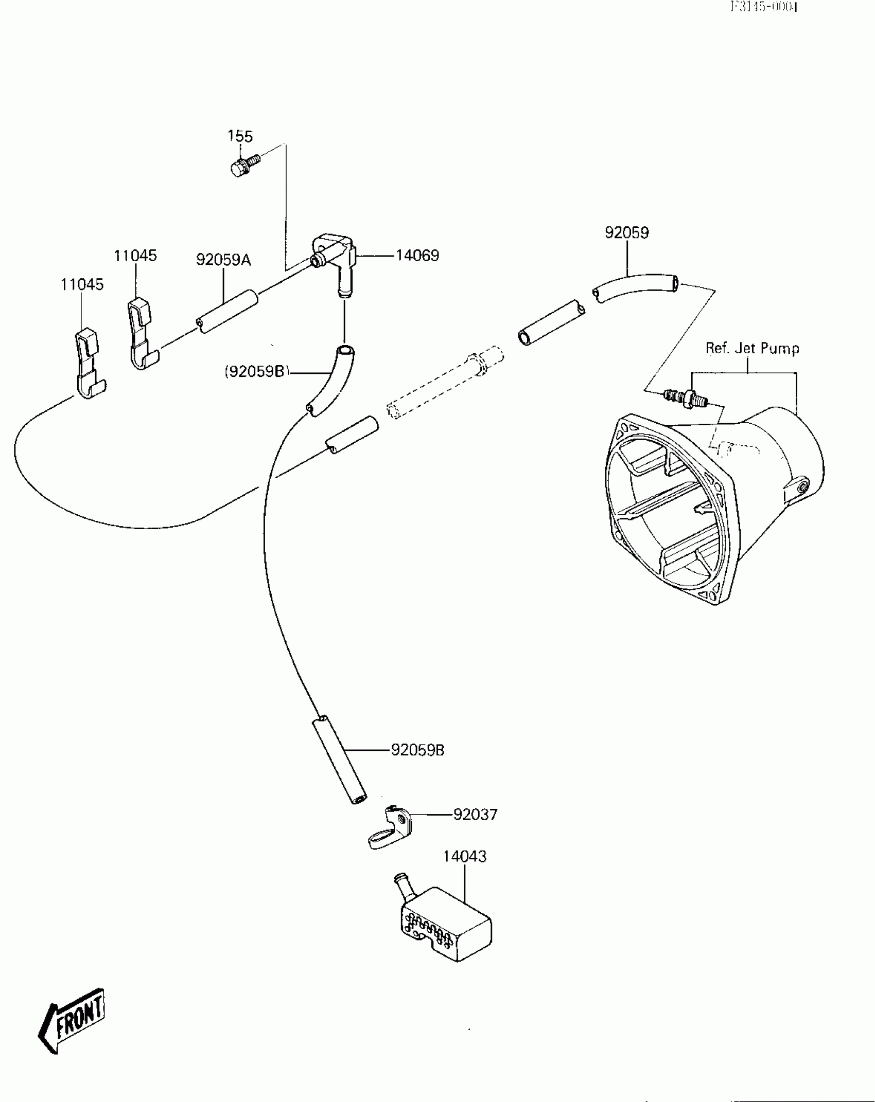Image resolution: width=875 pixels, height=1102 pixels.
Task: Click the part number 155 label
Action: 240,136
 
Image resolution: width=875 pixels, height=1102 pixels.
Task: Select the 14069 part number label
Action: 417,256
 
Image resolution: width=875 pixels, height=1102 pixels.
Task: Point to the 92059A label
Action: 223,260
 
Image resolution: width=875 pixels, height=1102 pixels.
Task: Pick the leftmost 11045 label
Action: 82,284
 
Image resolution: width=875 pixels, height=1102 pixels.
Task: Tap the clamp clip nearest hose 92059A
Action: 141,333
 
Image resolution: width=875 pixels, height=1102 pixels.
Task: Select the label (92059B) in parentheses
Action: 256,371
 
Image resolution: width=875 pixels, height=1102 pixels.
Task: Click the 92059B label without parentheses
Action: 417,750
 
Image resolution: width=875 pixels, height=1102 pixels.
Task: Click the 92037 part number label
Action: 475,815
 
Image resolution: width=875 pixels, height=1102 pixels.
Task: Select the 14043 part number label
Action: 465,856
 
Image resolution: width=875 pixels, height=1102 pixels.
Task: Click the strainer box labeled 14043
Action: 445,924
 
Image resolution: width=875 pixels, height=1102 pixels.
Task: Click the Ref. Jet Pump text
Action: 752,349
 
